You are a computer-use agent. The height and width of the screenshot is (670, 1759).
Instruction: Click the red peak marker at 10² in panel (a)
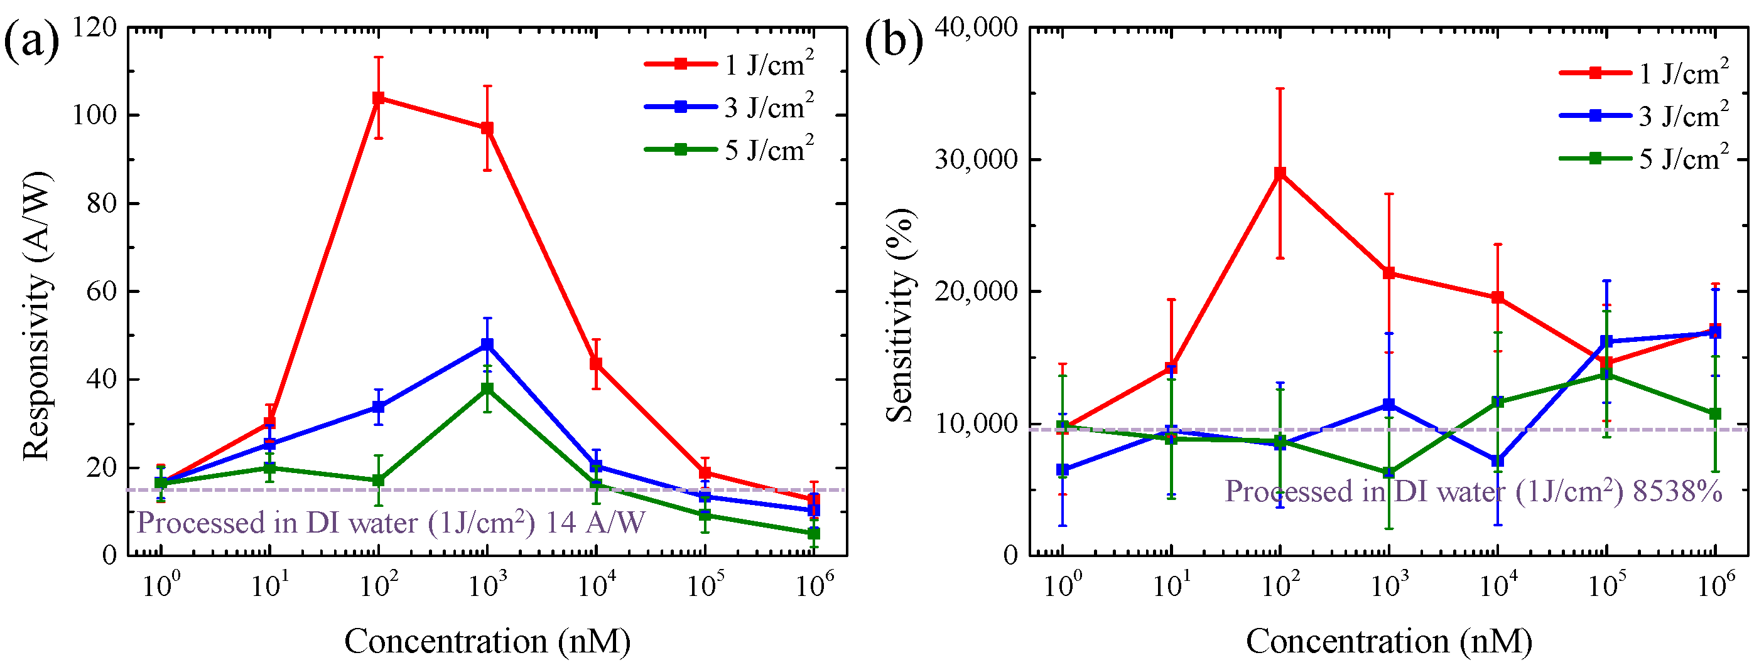(x=378, y=98)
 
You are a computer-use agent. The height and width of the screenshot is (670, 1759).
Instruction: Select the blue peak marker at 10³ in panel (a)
(x=487, y=344)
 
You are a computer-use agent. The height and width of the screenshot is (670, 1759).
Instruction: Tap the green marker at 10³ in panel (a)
(x=487, y=389)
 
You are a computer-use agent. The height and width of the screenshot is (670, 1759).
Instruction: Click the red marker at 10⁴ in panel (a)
(x=596, y=364)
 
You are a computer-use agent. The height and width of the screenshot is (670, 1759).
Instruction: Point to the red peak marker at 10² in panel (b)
(x=1280, y=173)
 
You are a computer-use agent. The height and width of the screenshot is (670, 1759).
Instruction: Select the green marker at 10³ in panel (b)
(x=1389, y=473)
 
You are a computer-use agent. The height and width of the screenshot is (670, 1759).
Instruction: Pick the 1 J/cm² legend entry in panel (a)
(x=729, y=64)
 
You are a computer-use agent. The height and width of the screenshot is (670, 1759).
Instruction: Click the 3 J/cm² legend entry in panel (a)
(x=729, y=107)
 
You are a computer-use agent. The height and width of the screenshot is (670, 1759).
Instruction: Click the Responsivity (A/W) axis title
(x=38, y=317)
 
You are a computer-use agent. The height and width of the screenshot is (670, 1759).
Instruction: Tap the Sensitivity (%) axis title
(x=900, y=315)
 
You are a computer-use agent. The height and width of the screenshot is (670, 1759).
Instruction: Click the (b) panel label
(x=893, y=41)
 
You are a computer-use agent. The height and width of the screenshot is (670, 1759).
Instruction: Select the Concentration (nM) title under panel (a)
(x=487, y=641)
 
